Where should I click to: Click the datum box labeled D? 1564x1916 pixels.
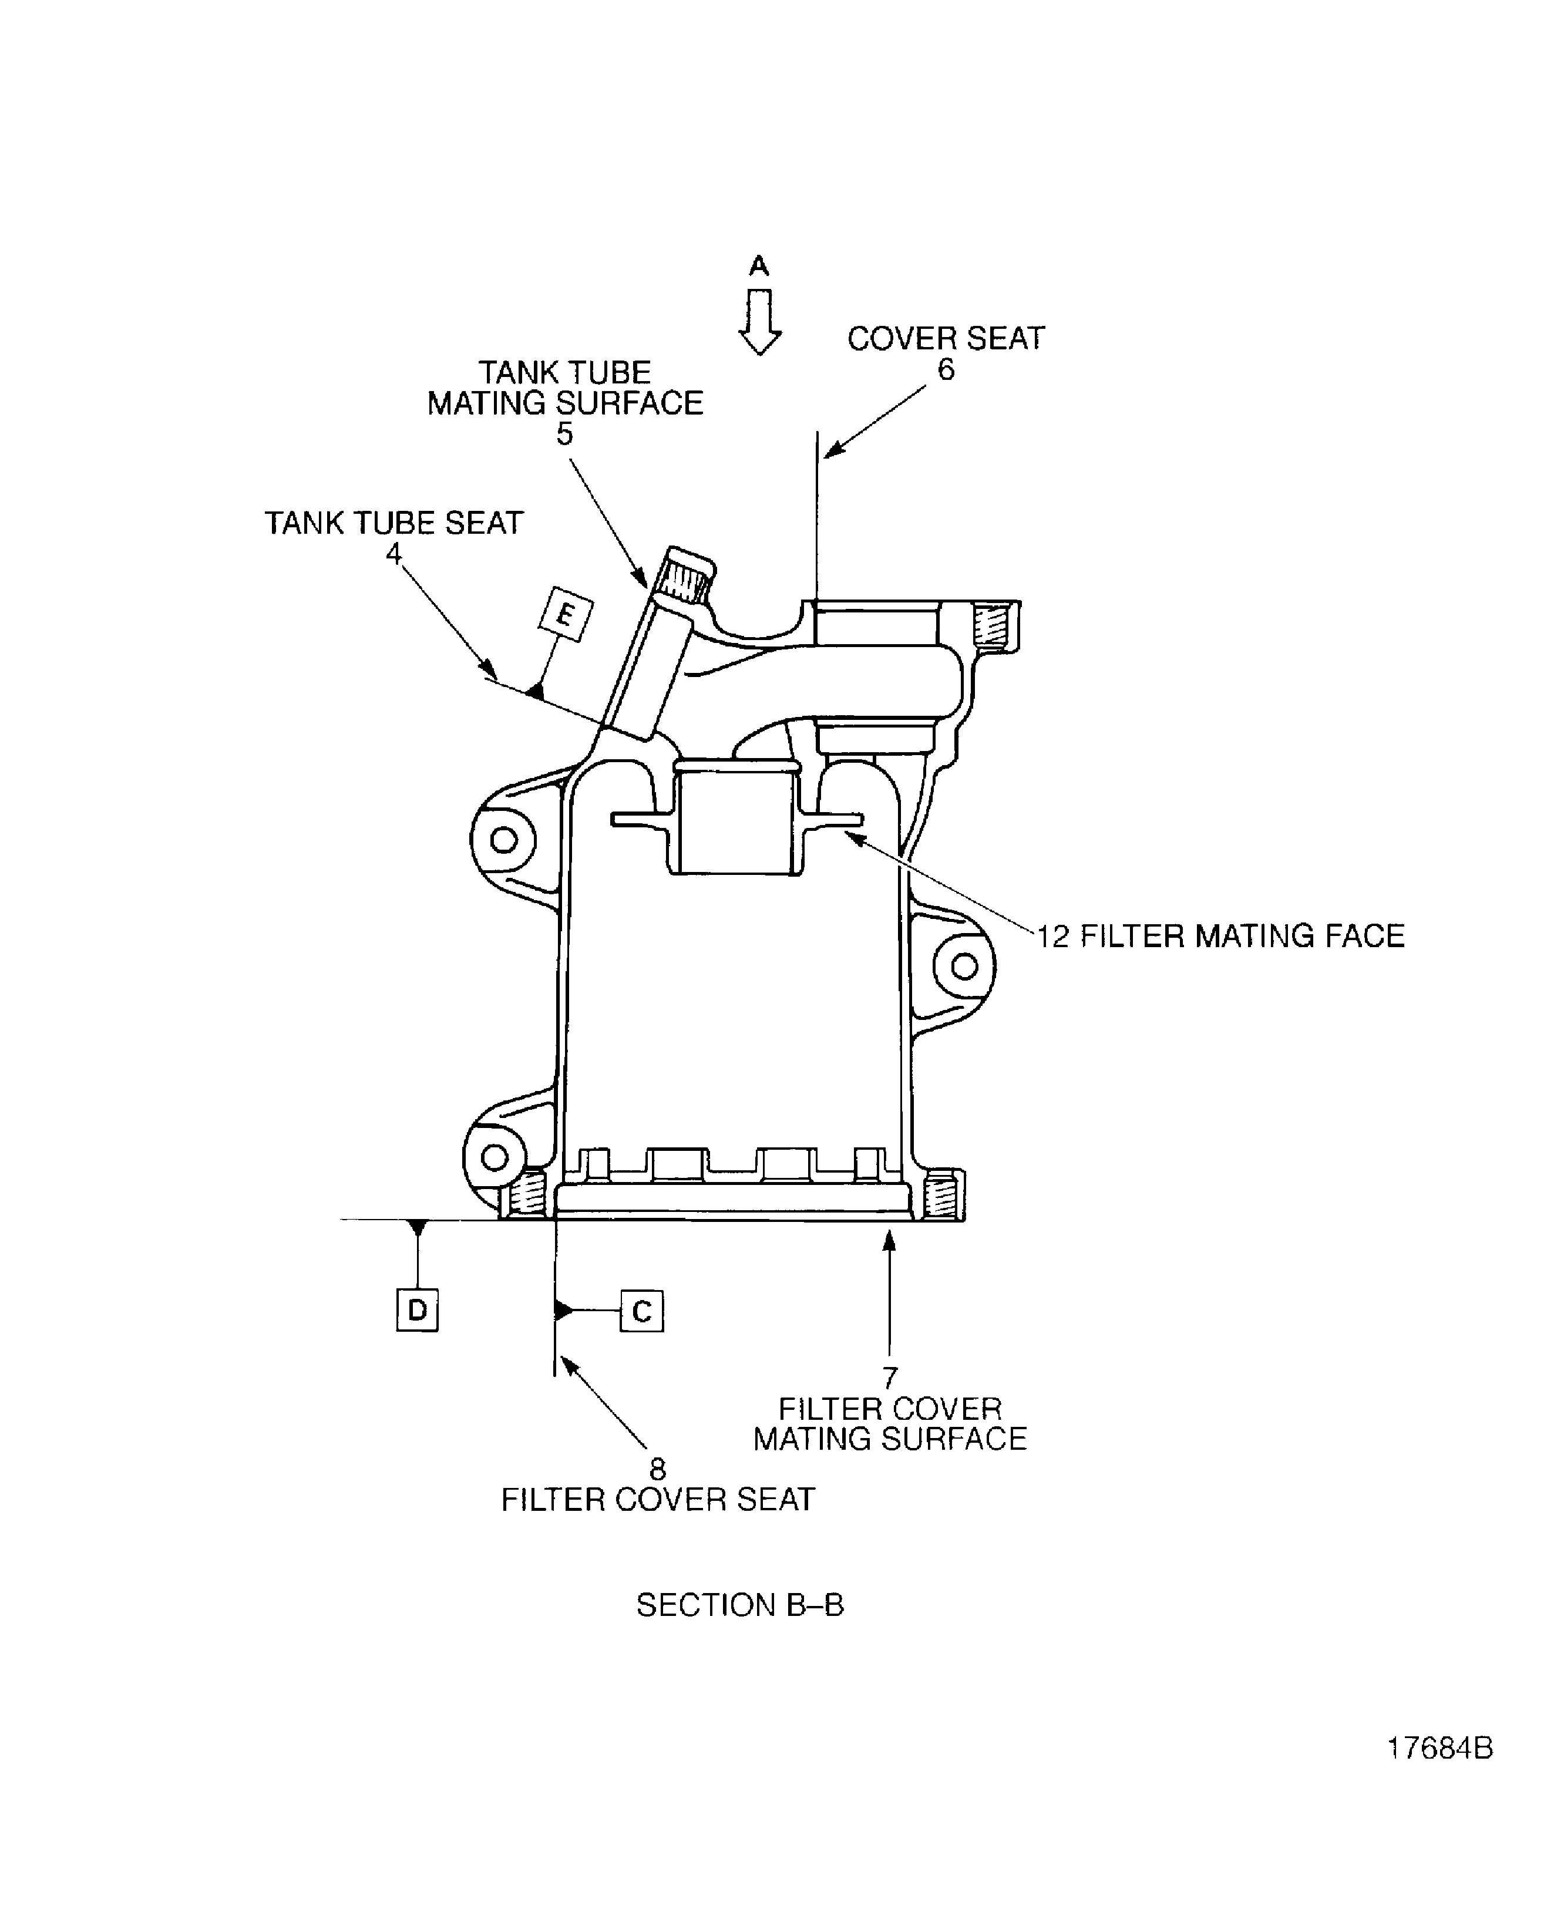coord(417,1310)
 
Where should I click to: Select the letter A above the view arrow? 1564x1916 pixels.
coord(759,266)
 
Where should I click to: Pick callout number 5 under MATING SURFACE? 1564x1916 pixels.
coord(564,434)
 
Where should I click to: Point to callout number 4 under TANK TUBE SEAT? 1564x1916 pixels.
coord(393,553)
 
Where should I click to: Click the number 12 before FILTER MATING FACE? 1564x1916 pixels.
coord(1052,937)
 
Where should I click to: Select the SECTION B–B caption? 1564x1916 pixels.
coord(739,1605)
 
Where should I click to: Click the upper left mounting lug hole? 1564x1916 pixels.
coord(503,840)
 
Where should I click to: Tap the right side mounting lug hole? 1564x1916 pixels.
coord(964,967)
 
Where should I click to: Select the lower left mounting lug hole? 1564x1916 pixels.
coord(495,1157)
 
